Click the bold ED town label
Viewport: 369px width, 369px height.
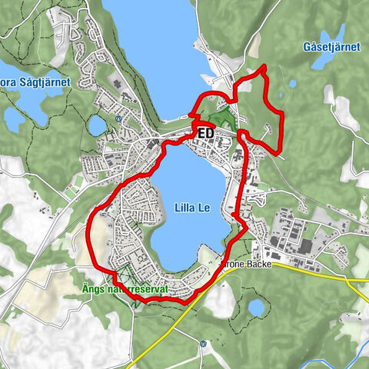(x=205, y=133)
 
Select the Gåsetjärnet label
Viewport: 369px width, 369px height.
(x=331, y=47)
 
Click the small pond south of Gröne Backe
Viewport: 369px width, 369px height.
(x=256, y=308)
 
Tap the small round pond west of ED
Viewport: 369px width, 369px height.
(x=98, y=125)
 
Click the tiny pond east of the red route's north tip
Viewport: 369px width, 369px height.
(x=292, y=84)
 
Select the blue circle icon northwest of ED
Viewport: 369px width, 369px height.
(x=118, y=119)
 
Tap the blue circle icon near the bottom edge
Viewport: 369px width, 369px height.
(x=202, y=344)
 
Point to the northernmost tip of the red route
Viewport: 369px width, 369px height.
(x=263, y=68)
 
